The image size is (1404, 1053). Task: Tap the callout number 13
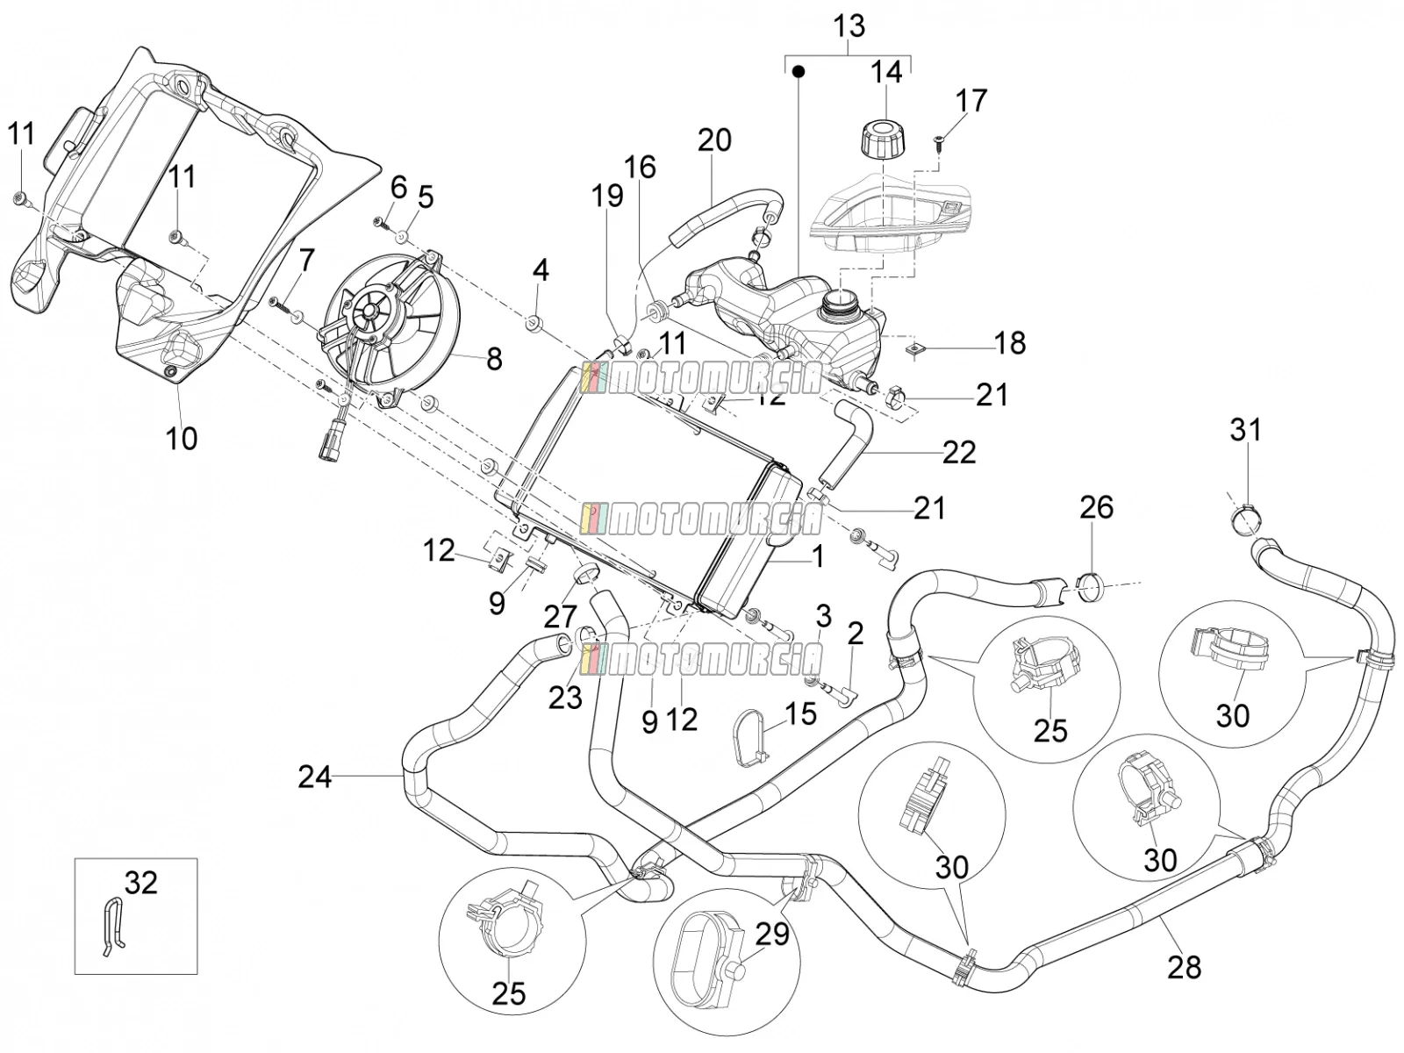point(849,26)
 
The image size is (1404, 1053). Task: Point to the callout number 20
point(714,140)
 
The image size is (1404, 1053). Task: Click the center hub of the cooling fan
point(369,312)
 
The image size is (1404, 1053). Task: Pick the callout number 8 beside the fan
point(494,359)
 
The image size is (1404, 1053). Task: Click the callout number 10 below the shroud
point(181,439)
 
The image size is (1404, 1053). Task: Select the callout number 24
point(315,777)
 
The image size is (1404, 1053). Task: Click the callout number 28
point(1184,967)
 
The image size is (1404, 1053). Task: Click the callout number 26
point(1097,507)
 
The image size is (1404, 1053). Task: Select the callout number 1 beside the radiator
point(817,556)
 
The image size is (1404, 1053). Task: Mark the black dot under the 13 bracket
point(798,71)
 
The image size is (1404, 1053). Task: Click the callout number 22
point(959,453)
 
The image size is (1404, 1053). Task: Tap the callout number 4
point(541,270)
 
